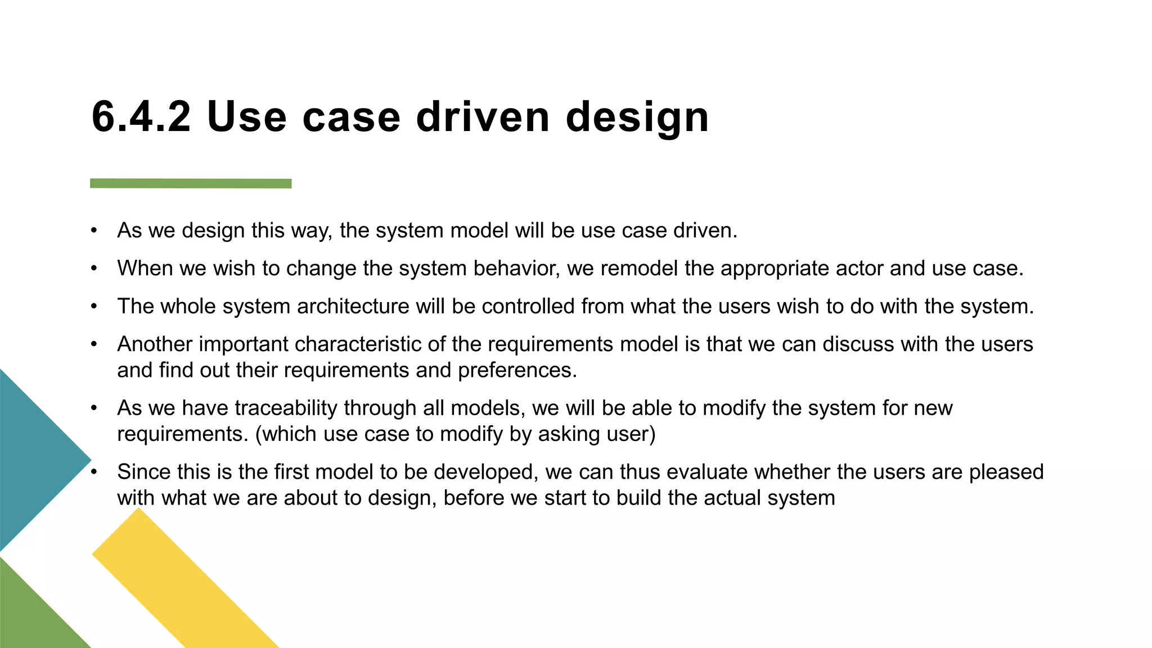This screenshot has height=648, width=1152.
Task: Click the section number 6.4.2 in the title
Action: click(141, 117)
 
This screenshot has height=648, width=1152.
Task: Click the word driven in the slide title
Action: click(483, 117)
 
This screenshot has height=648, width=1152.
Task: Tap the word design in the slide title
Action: click(637, 118)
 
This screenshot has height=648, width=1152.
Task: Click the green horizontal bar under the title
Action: click(191, 183)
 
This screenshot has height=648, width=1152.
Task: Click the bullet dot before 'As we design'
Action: click(94, 231)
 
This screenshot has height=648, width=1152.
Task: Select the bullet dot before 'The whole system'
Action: click(94, 307)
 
